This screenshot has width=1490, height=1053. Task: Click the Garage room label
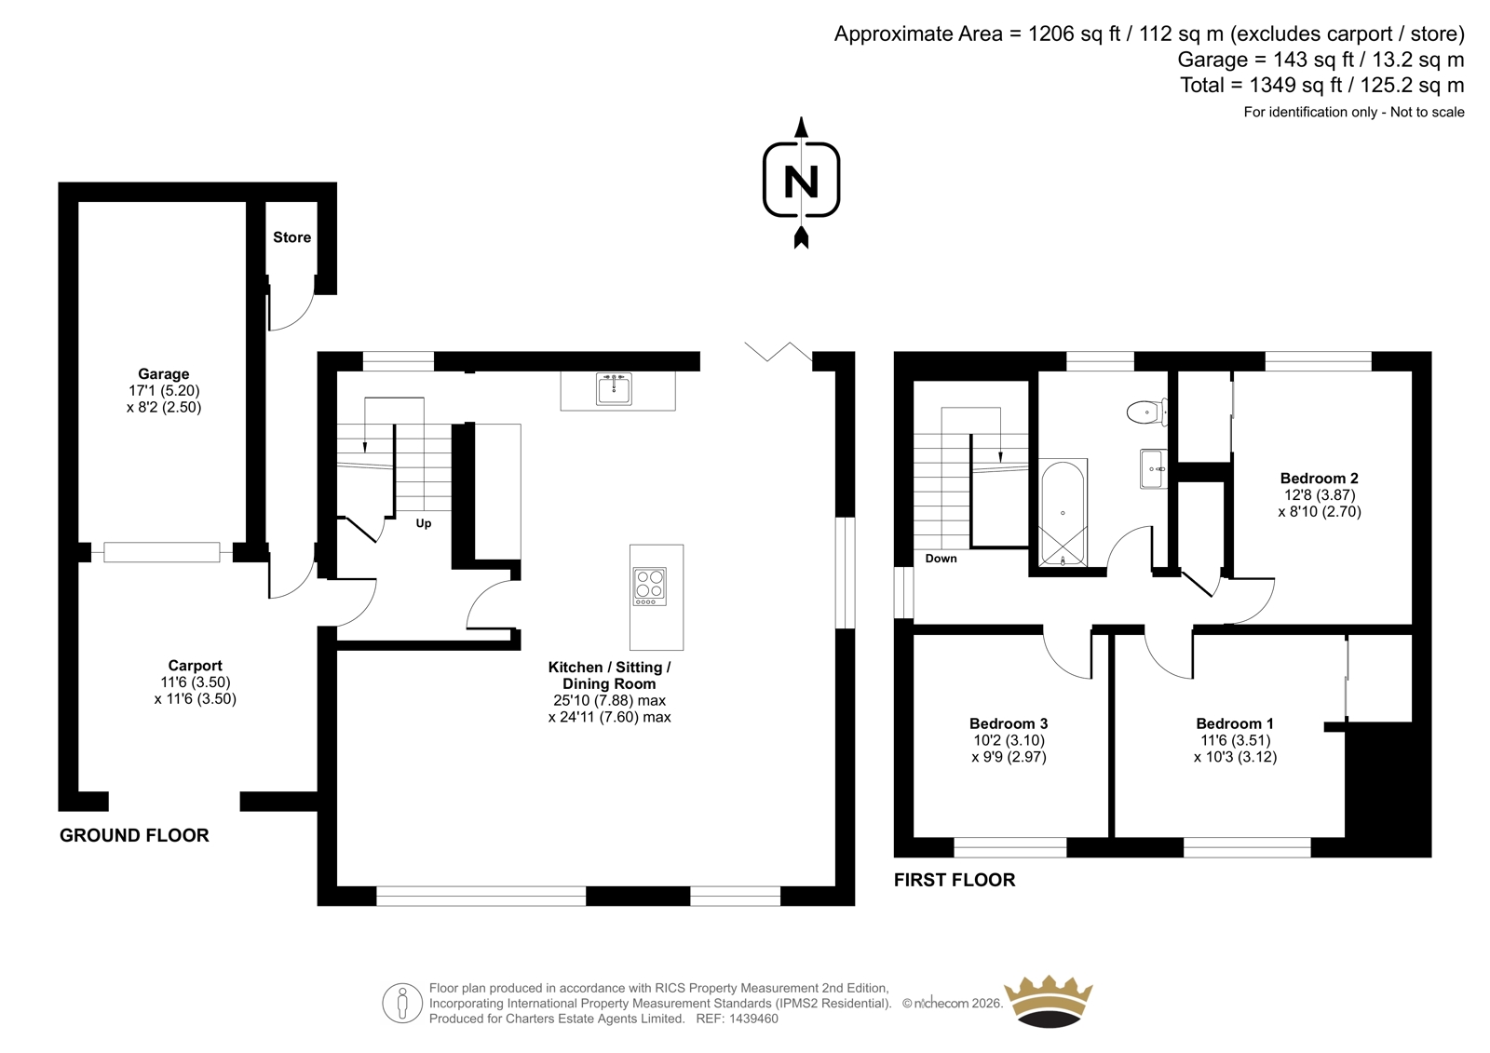coord(164,374)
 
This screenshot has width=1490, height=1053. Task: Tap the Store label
coord(292,237)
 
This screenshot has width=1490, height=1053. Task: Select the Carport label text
coord(195,665)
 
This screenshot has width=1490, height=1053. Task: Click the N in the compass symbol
coord(801,181)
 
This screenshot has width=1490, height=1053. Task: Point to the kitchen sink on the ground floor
coord(614,389)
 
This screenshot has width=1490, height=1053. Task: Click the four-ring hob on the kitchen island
coord(649,586)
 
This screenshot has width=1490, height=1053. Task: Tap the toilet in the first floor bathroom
coord(1146,412)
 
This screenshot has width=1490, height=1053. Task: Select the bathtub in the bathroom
coord(1063,512)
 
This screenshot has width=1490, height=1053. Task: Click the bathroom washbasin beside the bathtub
coord(1154,469)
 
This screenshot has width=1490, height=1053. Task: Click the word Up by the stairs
coord(424,523)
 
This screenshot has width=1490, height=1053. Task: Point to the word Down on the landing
coord(941,559)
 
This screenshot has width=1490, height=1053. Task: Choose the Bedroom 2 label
coord(1319,479)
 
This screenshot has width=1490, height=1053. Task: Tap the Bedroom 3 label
coord(1009,723)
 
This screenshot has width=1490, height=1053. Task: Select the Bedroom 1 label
coord(1235,723)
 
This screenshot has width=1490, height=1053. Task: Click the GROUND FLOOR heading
coord(134,835)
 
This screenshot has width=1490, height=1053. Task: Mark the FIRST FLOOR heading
coord(955,880)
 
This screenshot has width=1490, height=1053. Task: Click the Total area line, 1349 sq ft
coord(1322,85)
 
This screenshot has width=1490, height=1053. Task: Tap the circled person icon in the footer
coord(402,1003)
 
